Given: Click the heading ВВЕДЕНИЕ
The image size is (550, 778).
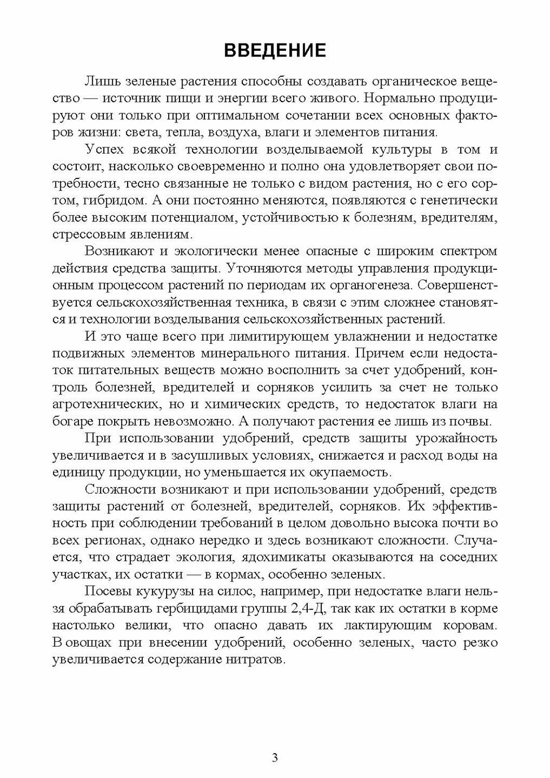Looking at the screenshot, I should pyautogui.click(x=274, y=50).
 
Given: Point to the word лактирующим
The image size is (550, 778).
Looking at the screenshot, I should pyautogui.click(x=368, y=626).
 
